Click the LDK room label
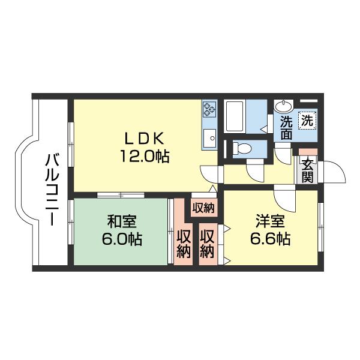pyautogui.click(x=144, y=138)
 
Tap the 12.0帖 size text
pyautogui.click(x=144, y=157)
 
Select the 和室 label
pyautogui.click(x=122, y=221)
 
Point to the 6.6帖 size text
pyautogui.click(x=270, y=239)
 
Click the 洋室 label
pyautogui.click(x=270, y=221)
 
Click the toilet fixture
pyautogui.click(x=242, y=148)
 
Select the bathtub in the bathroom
pyautogui.click(x=235, y=116)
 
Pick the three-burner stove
pyautogui.click(x=209, y=109)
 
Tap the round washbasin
pyautogui.click(x=284, y=106)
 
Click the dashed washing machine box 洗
pyautogui.click(x=307, y=121)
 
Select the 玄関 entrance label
pyautogui.click(x=307, y=170)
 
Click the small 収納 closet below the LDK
pyautogui.click(x=203, y=208)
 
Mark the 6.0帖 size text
pyautogui.click(x=122, y=239)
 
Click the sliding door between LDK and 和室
pyautogui.click(x=121, y=195)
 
